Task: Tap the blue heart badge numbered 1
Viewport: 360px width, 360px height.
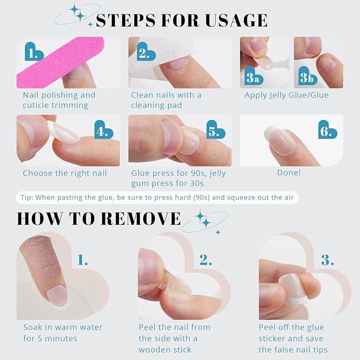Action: tap(34, 52)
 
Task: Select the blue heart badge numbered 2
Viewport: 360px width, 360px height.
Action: tap(146, 52)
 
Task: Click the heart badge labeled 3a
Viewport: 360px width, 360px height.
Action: tap(254, 76)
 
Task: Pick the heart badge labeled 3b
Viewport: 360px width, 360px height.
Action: tap(308, 76)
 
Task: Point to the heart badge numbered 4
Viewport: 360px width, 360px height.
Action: tap(103, 130)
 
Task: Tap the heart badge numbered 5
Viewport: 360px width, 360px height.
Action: tap(215, 130)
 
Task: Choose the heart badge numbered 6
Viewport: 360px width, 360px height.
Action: tap(327, 130)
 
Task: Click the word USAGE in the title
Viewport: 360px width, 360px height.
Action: tap(236, 20)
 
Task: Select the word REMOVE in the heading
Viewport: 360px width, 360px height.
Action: tap(141, 218)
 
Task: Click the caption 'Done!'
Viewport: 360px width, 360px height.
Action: tap(289, 173)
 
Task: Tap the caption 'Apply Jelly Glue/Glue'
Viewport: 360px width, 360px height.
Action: tap(286, 95)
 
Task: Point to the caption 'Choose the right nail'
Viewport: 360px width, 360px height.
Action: tap(65, 173)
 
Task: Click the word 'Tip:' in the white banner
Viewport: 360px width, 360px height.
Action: tap(27, 197)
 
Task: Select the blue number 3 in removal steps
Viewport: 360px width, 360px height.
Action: tap(328, 260)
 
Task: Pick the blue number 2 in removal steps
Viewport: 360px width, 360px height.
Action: tap(206, 260)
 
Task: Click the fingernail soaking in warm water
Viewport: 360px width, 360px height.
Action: tap(57, 296)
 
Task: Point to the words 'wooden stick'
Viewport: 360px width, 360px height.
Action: tap(165, 350)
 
